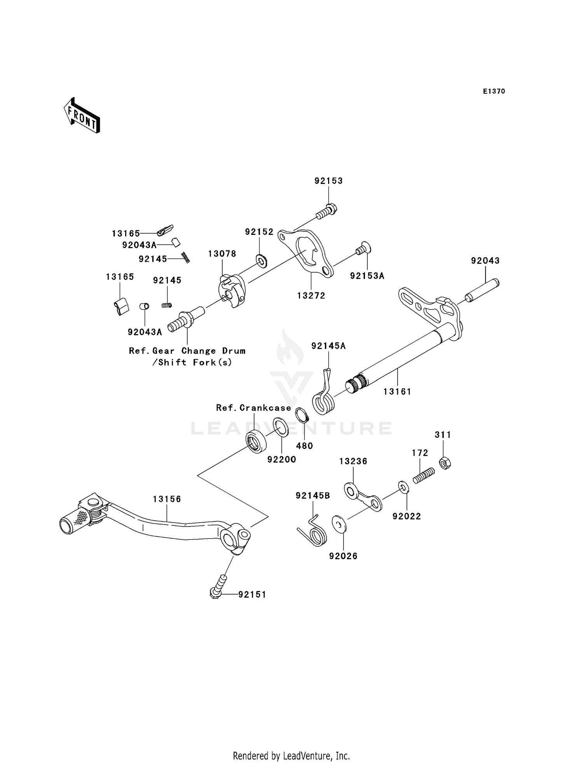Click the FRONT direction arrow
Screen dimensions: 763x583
click(x=82, y=116)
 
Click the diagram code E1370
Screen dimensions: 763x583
click(x=494, y=91)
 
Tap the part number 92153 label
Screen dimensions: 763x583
click(x=328, y=181)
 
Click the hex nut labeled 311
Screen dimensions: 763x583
click(x=445, y=463)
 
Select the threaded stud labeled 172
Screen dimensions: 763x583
click(x=423, y=476)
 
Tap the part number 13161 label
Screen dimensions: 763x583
click(x=397, y=392)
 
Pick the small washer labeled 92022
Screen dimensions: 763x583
click(x=403, y=488)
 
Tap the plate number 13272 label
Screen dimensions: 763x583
click(x=311, y=296)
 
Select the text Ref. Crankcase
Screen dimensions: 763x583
click(x=253, y=408)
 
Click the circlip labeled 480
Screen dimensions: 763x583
click(x=302, y=415)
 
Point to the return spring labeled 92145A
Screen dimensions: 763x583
click(x=323, y=401)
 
